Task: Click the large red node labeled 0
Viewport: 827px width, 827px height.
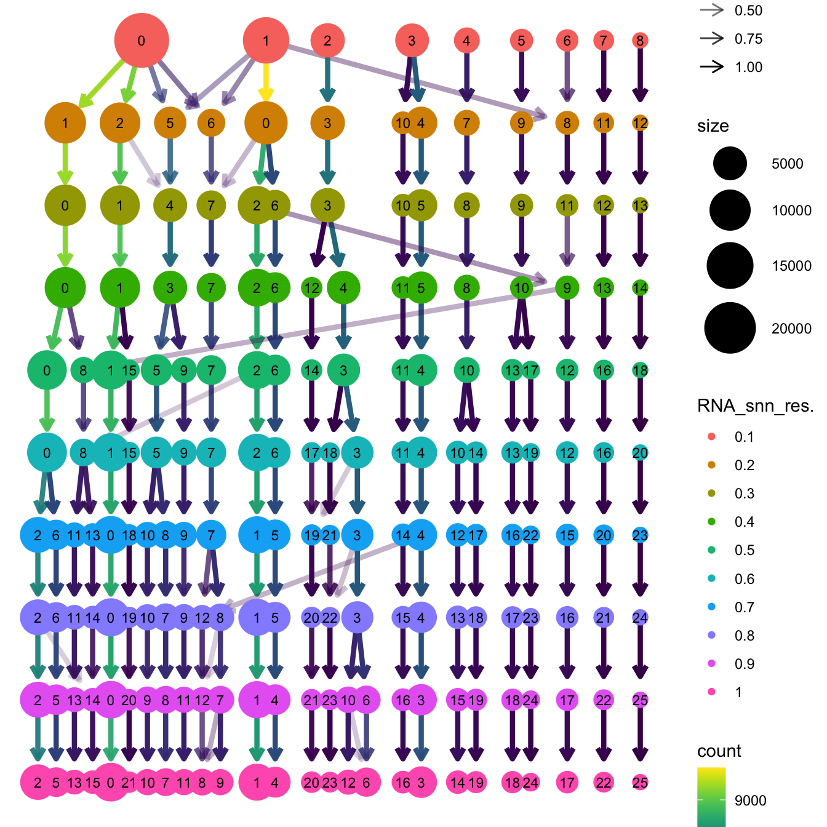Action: coord(142,41)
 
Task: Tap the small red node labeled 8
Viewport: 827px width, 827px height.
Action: coord(640,41)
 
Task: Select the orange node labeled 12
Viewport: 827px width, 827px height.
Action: coord(640,123)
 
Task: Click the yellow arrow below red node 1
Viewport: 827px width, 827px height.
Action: coord(266,83)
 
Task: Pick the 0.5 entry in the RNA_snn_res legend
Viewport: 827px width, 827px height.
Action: coord(744,550)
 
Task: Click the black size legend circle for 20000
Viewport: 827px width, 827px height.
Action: coord(730,328)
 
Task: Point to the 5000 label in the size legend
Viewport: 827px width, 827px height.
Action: coord(787,164)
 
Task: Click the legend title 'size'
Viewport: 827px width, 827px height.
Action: coord(713,126)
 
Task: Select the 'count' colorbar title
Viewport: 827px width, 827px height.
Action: coord(719,751)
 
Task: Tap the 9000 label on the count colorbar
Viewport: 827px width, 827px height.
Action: coord(750,801)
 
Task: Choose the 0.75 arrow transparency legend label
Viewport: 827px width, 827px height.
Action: coord(748,39)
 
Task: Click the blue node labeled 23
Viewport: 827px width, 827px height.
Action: coord(640,535)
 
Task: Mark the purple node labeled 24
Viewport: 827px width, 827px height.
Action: coord(640,618)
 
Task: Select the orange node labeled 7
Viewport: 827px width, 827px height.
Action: coord(466,123)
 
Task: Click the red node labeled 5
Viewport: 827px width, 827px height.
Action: coord(521,41)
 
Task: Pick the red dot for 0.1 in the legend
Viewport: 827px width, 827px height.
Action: coord(712,437)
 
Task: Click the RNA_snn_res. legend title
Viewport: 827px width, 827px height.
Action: coord(755,406)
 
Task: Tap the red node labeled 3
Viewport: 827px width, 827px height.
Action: coord(412,41)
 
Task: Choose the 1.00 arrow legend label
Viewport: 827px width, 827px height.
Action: coord(748,67)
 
